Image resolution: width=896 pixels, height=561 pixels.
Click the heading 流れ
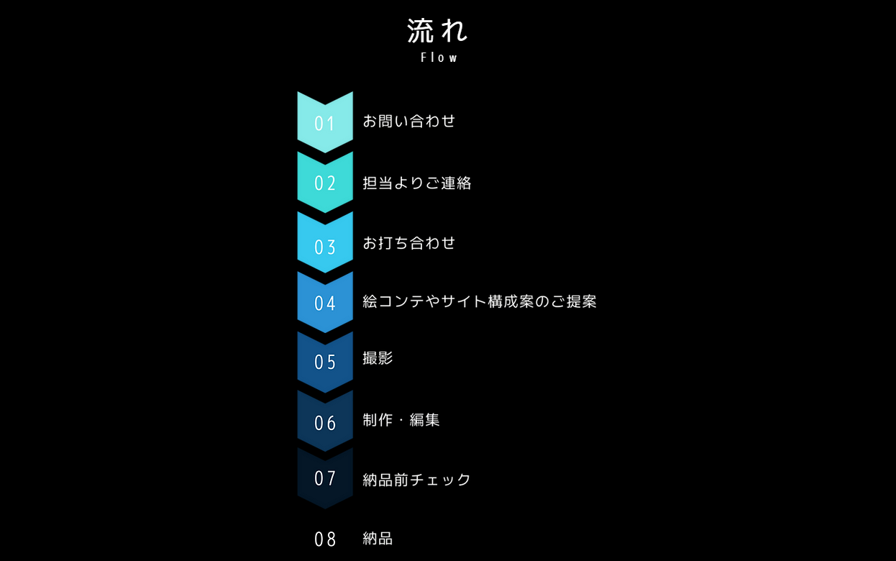[437, 31]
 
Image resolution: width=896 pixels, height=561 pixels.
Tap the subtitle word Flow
[439, 58]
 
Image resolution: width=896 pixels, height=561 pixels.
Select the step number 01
[325, 124]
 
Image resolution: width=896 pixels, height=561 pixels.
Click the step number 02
[325, 183]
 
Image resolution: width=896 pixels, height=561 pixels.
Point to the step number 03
[325, 247]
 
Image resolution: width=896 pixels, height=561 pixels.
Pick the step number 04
[325, 304]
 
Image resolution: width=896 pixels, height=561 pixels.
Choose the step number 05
[325, 362]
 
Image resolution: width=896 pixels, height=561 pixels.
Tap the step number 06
[325, 423]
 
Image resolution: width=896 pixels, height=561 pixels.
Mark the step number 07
[325, 478]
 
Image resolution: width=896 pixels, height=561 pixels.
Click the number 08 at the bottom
[325, 539]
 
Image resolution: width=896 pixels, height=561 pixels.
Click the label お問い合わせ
[408, 121]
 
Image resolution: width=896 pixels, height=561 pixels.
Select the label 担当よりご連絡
[416, 183]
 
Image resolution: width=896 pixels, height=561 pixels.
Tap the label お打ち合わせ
[408, 243]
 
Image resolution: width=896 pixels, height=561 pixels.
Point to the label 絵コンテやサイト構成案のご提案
[479, 301]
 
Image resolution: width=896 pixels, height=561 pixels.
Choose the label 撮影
[378, 358]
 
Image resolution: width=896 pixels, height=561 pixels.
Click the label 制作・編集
[401, 420]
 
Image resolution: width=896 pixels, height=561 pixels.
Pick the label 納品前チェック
[416, 480]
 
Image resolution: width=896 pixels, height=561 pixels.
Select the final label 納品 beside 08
[378, 539]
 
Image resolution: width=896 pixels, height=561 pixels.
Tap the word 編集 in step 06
[424, 420]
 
